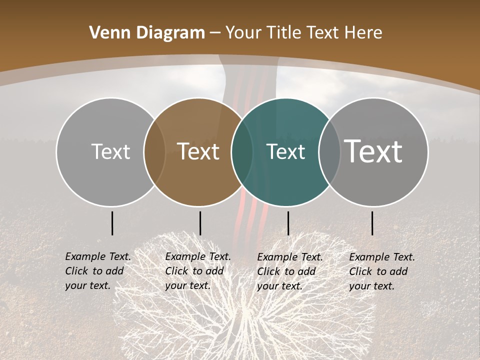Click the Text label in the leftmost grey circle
(x=110, y=151)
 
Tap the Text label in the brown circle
(x=198, y=151)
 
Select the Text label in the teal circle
(x=285, y=151)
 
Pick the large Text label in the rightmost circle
(x=373, y=151)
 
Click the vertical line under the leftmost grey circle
(x=112, y=223)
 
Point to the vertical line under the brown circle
(x=200, y=223)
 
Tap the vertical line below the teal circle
(x=288, y=223)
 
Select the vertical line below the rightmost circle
(x=372, y=223)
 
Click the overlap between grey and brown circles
(x=154, y=151)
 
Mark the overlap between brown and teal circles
(x=242, y=151)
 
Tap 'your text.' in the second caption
(x=187, y=285)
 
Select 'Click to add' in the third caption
(x=286, y=271)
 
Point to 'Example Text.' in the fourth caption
(x=382, y=257)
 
